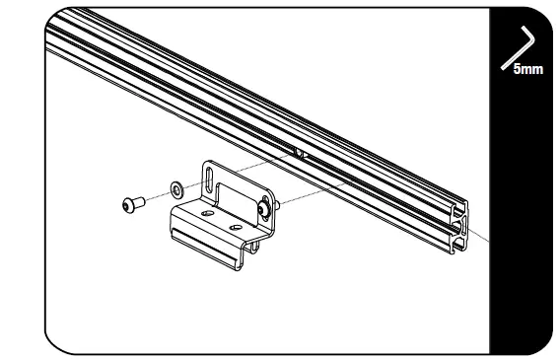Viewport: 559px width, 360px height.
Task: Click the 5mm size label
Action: pyautogui.click(x=527, y=69)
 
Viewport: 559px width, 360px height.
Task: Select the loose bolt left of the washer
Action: pyautogui.click(x=132, y=203)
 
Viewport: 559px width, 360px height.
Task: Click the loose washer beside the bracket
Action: pyautogui.click(x=175, y=186)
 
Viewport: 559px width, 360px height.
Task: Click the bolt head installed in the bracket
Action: pyautogui.click(x=264, y=208)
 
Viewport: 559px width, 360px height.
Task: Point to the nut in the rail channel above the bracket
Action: pyautogui.click(x=299, y=153)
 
